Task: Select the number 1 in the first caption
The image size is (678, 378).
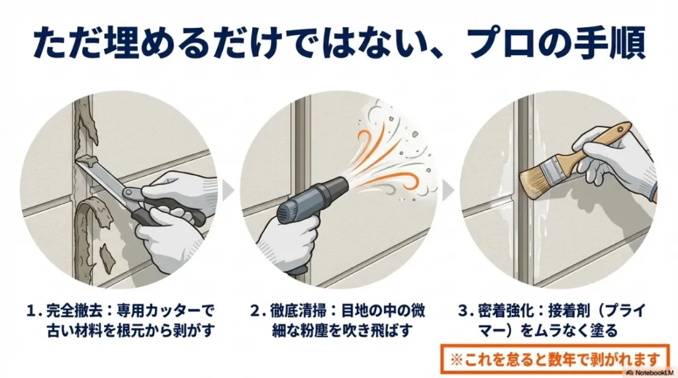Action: (x=30, y=311)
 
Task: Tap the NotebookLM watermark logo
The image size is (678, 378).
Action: (x=650, y=373)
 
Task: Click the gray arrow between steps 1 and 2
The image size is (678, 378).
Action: (x=228, y=190)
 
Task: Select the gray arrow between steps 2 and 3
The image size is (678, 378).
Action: (x=448, y=190)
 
